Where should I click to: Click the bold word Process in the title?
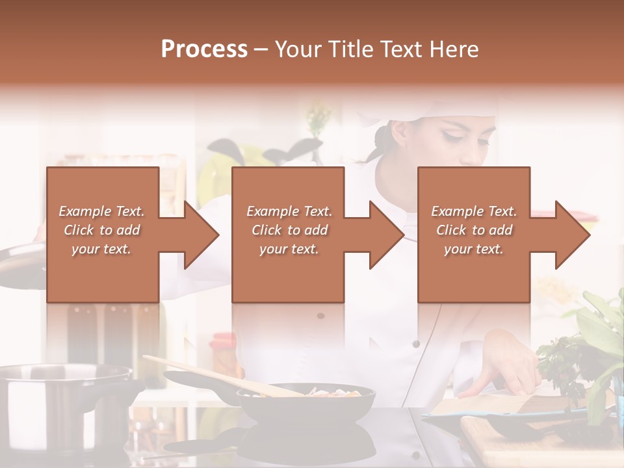(204, 49)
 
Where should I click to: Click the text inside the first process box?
(101, 230)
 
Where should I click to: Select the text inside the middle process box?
(289, 230)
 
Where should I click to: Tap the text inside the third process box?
(473, 230)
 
